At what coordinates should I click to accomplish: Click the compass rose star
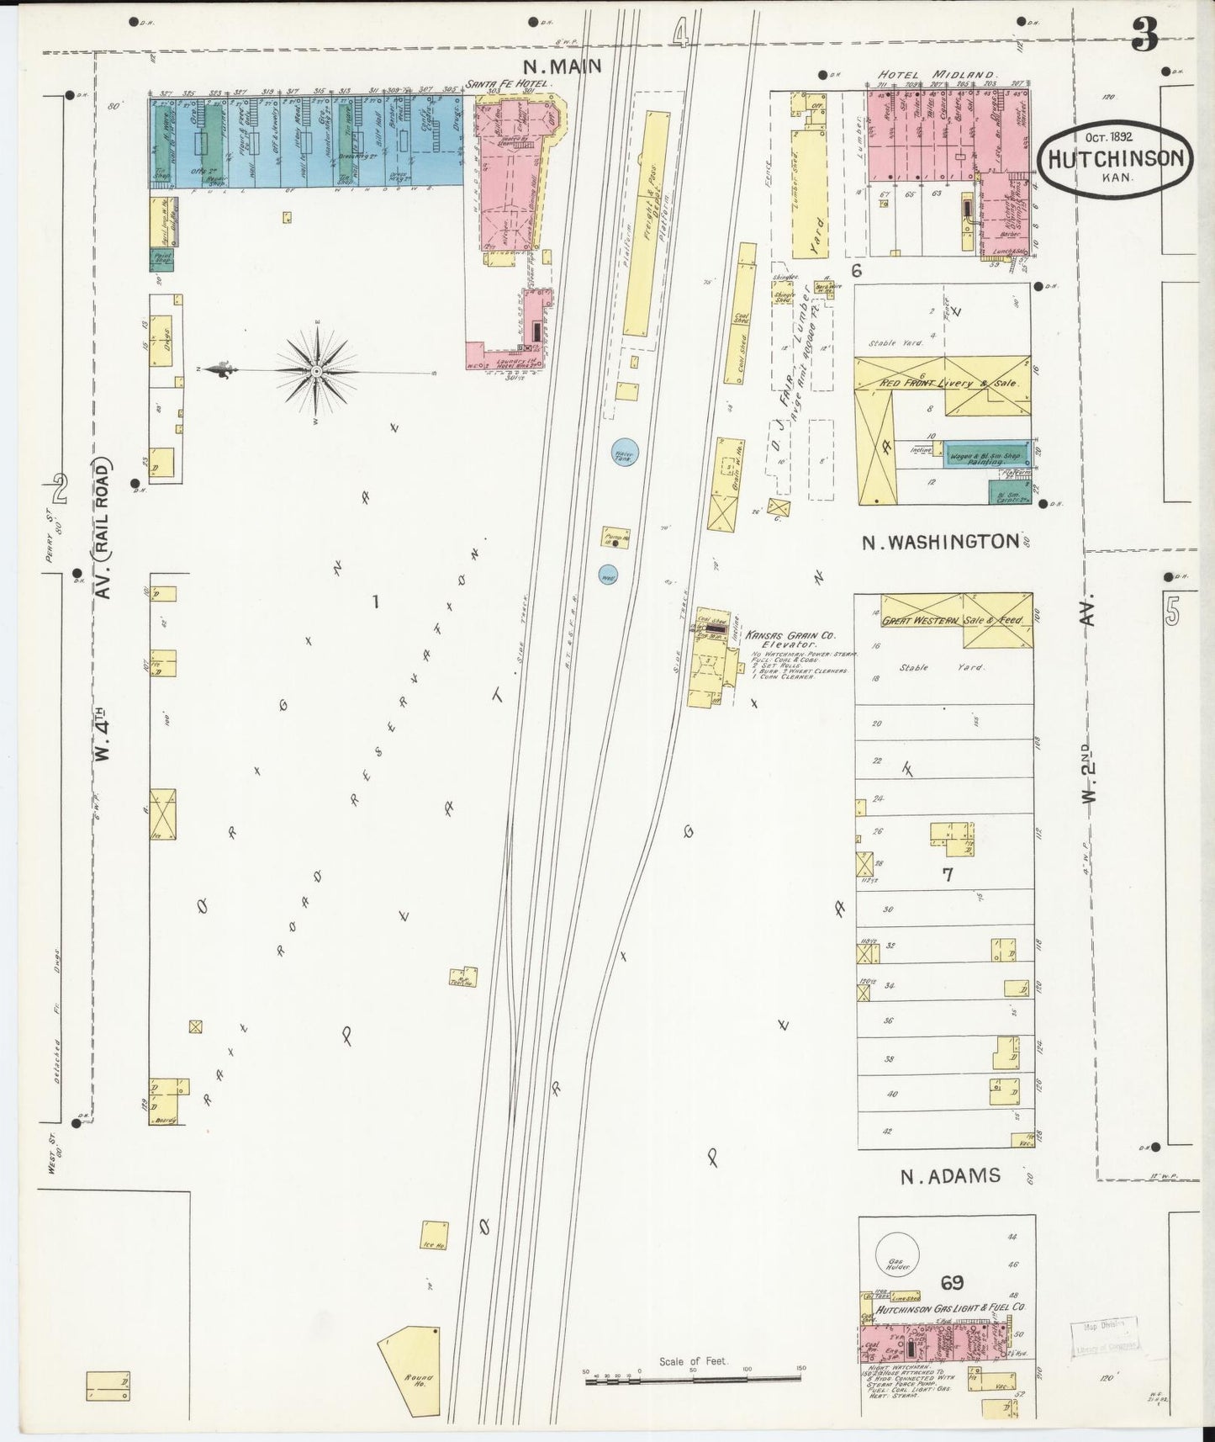click(x=315, y=370)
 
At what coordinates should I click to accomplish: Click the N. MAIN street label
click(x=561, y=66)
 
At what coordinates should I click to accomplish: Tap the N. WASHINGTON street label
click(x=940, y=543)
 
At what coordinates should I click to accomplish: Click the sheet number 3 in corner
click(x=1144, y=35)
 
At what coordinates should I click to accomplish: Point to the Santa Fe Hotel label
click(x=510, y=84)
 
